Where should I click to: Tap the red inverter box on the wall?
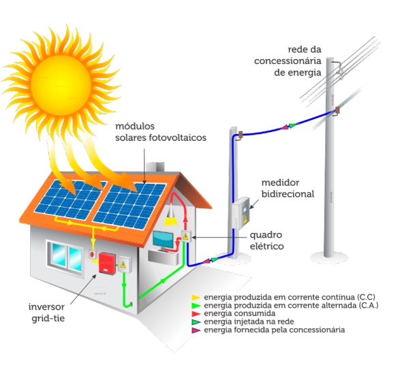click(106, 264)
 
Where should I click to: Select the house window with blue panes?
click(65, 256)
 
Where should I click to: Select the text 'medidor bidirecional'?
click(288, 188)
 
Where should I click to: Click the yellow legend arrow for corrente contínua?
click(196, 298)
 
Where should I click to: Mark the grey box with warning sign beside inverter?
click(123, 264)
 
